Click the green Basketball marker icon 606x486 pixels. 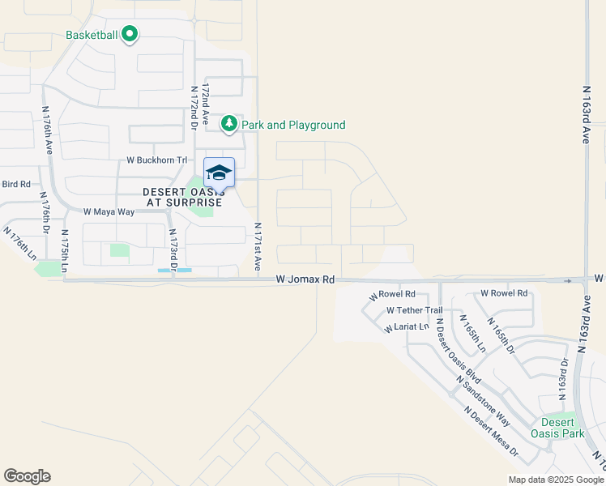pos(130,35)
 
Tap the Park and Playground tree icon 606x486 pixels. pos(230,124)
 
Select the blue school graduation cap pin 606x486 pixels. pos(219,173)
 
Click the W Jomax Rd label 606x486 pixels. pos(305,279)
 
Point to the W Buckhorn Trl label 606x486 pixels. pos(157,160)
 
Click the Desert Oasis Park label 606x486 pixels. pos(557,428)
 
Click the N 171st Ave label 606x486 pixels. pos(258,246)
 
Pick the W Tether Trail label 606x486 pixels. pos(414,310)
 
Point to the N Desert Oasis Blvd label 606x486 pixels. pos(459,350)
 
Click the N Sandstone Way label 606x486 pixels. pos(483,402)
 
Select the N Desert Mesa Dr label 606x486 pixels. pos(491,433)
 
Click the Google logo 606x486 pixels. pos(27,476)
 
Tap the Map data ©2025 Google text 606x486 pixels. pos(555,480)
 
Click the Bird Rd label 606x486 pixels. pos(15,185)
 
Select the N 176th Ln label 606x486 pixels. pos(20,243)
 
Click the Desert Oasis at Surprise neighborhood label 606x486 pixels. pos(182,197)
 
